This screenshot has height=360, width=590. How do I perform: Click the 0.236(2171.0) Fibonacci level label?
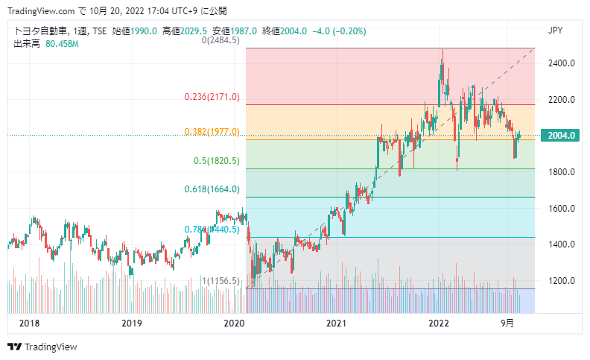point(212,97)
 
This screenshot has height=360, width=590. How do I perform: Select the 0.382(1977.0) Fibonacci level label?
point(212,132)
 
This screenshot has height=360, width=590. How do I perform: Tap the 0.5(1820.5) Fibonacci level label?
point(217,161)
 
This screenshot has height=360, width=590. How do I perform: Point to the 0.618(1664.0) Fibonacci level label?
point(212,189)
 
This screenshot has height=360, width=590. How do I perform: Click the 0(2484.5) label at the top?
point(221,40)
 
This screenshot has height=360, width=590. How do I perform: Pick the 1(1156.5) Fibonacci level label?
point(221,281)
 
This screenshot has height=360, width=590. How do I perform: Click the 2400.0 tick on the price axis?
point(562,63)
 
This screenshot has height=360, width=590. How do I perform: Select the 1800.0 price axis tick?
point(562,172)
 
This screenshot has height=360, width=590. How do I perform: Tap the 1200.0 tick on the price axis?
point(562,281)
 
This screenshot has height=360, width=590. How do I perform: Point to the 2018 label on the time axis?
point(28,323)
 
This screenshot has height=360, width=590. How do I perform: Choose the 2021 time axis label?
point(337,323)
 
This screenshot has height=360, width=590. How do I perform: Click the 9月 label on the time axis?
point(507,323)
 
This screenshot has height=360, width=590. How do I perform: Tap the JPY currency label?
point(555,31)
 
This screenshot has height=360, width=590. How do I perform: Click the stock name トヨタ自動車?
point(38,31)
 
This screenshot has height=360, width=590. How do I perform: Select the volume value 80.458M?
point(62,44)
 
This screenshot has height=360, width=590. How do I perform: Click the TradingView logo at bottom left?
point(42,347)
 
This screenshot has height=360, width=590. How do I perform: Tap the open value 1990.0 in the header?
point(145,31)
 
